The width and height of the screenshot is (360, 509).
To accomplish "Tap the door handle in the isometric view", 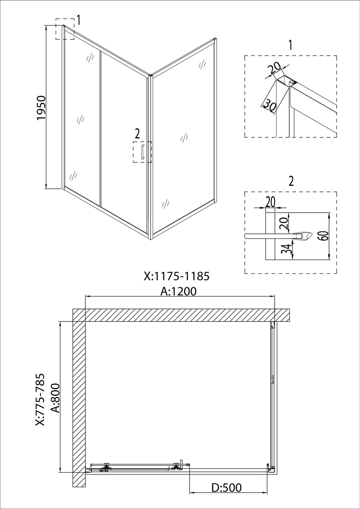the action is pos(142,152).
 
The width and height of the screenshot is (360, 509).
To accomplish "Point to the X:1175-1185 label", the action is pos(177,276).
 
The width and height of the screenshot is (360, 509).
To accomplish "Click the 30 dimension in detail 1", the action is pos(270,106).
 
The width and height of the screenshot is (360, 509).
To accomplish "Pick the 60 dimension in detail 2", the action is pos(324,236).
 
